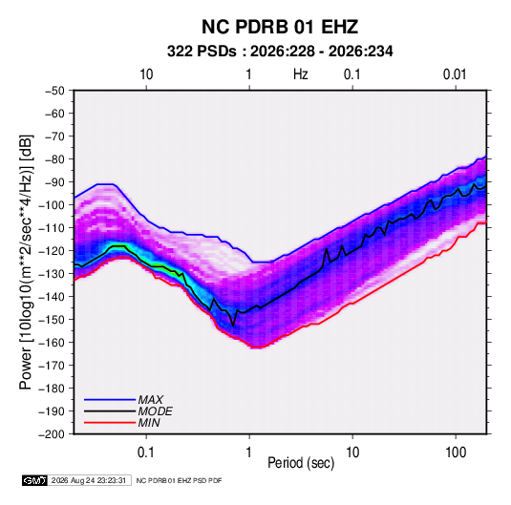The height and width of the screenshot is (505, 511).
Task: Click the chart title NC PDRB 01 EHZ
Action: pos(280,27)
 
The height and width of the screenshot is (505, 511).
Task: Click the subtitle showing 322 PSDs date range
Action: pos(280,52)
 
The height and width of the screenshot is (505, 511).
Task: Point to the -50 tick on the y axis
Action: pos(54,91)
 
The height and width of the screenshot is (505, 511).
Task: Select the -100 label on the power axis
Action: pos(52,205)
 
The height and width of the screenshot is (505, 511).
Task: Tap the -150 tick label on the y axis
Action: pos(52,319)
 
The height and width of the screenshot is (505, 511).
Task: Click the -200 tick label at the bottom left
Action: pos(52,434)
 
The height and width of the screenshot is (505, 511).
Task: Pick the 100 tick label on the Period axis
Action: pos(456,452)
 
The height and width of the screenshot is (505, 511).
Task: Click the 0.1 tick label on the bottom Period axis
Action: pos(146,452)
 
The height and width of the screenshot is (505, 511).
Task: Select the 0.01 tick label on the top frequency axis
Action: pos(455,74)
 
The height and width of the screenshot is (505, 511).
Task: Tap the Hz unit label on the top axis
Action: pos(301,74)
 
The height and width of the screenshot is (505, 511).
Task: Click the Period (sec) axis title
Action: pos(301,462)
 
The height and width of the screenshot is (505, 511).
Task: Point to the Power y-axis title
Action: pos(26,263)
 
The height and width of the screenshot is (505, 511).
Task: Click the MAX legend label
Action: pos(150,399)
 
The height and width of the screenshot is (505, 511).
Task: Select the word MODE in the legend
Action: pos(155,411)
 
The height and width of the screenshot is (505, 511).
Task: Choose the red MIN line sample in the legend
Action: pos(110,423)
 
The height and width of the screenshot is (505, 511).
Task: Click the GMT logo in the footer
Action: pos(34,480)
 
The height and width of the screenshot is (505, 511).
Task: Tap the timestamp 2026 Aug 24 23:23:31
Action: pos(89,480)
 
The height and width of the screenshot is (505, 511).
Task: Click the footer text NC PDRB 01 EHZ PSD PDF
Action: pos(179,480)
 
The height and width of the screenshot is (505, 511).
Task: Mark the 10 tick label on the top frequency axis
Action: pos(146,74)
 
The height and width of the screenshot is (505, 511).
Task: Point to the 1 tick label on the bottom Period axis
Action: pos(249,452)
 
